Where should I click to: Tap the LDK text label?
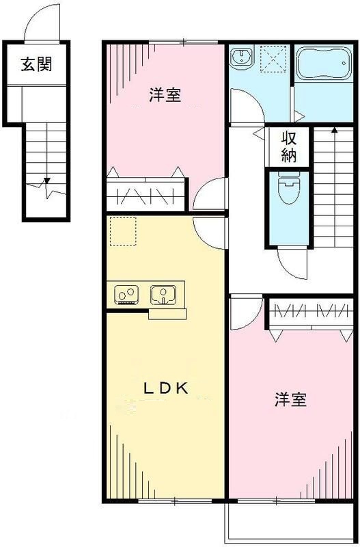[x=165, y=388]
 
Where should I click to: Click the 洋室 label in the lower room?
[x=290, y=400]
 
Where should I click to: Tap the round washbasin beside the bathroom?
[x=240, y=57]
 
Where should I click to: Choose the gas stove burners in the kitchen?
[x=126, y=295]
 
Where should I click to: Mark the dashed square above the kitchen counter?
[x=124, y=230]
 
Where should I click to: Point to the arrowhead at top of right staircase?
[x=334, y=129]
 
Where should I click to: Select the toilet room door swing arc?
[x=292, y=263]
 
